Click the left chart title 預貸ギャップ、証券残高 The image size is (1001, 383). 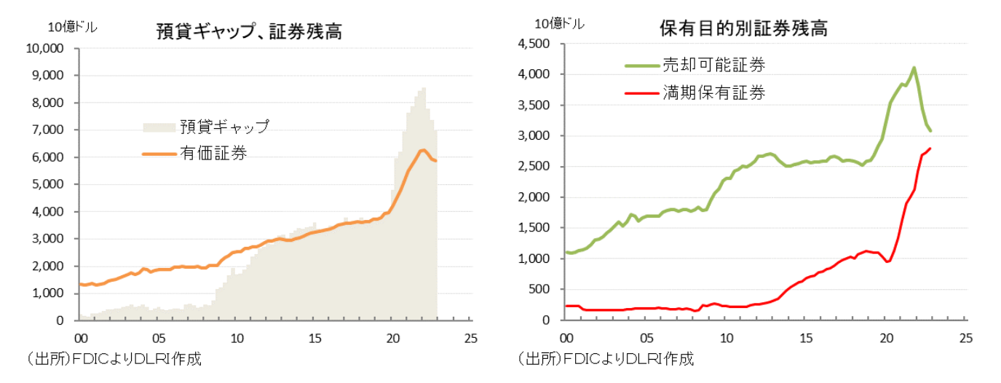click(249, 32)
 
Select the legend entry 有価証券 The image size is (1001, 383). click(213, 153)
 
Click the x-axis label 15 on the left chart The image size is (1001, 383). click(314, 339)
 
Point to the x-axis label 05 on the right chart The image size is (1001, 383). click(645, 339)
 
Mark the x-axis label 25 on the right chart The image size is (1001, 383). click(966, 339)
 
